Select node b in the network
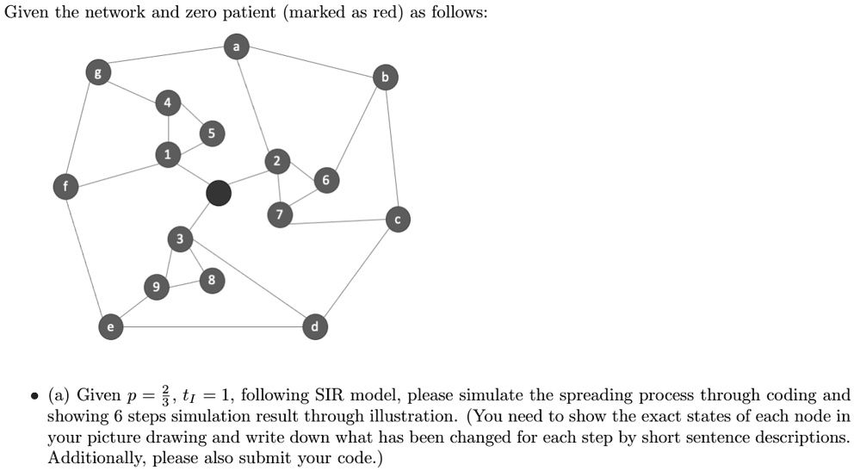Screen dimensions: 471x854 385,78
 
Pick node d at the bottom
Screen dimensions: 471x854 315,326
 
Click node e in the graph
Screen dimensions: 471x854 108,326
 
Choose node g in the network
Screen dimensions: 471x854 96,73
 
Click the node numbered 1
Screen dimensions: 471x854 168,154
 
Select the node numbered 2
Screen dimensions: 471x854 276,161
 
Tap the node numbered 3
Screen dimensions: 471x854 180,238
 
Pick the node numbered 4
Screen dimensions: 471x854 168,103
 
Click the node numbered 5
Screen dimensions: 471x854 211,133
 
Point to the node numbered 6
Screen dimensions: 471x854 325,180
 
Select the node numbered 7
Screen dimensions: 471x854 278,215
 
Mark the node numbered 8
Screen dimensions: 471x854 212,280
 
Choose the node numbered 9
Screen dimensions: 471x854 156,288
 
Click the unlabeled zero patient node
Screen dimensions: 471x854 219,194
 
